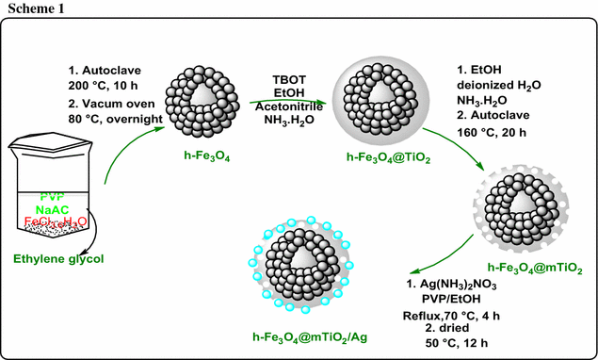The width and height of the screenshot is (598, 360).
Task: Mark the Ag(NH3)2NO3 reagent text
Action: click(x=458, y=283)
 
